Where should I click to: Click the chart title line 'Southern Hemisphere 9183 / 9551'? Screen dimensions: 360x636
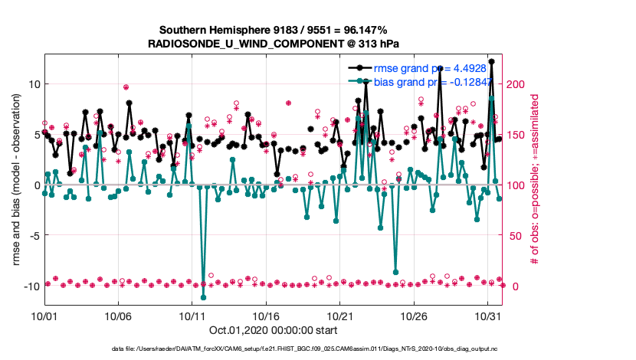[273, 30]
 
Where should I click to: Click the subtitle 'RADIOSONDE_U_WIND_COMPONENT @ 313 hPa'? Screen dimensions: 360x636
[273, 44]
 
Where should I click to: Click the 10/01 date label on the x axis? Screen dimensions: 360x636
[44, 316]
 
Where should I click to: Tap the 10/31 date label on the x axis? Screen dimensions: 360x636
[488, 316]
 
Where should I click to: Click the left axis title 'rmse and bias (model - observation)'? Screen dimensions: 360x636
[16, 185]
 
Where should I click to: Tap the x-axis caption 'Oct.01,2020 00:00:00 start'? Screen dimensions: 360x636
[273, 330]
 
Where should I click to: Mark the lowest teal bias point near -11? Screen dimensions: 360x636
[203, 297]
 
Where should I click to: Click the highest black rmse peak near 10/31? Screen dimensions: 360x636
[491, 61]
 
